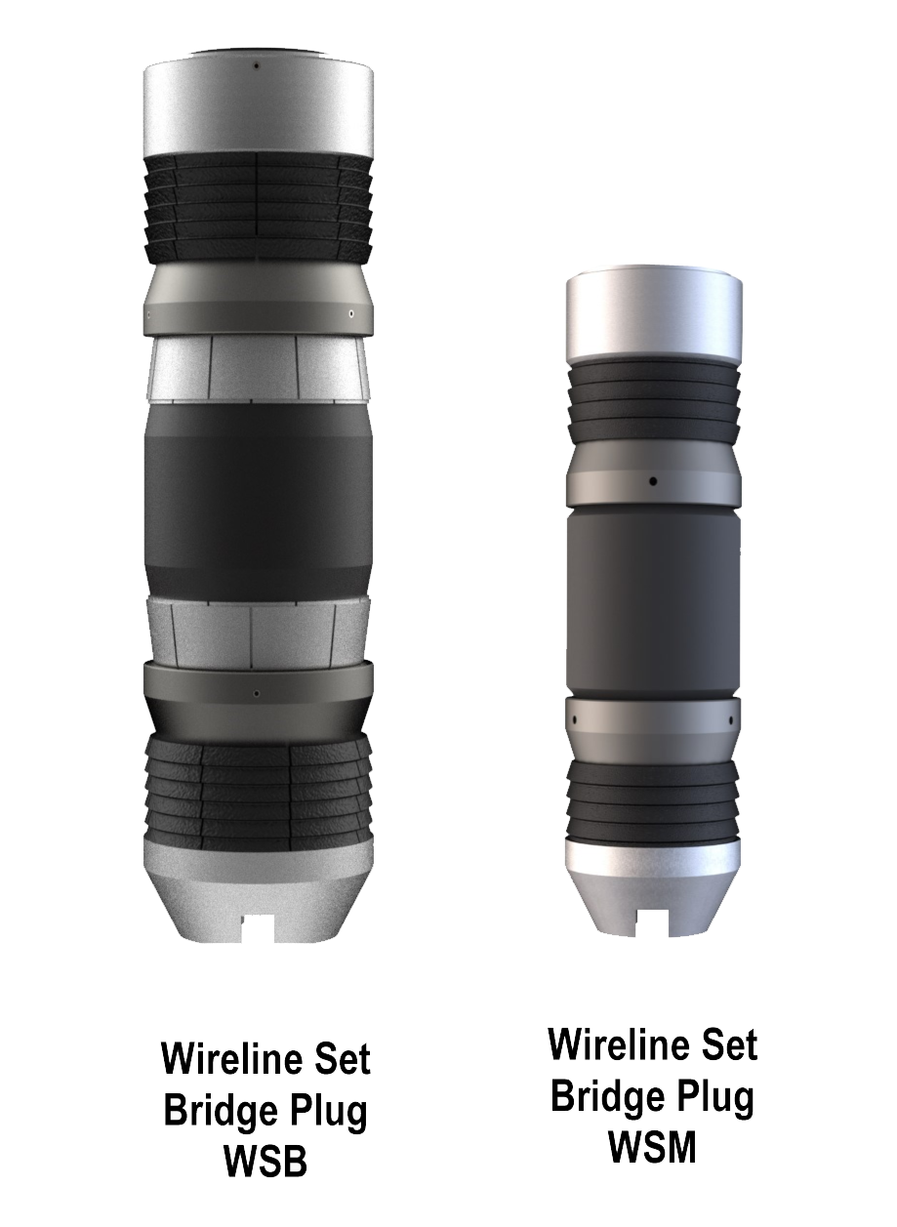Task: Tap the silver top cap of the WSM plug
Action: click(x=654, y=317)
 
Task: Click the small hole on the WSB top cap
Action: click(x=257, y=66)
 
